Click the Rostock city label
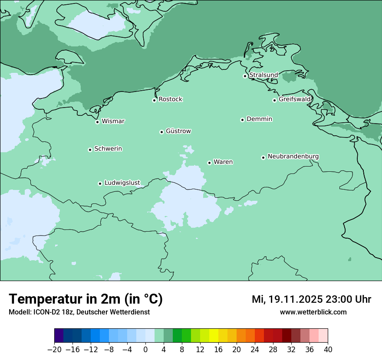click(x=170, y=99)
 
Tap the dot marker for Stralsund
click(x=245, y=76)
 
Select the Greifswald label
click(x=295, y=99)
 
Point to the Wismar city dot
click(x=98, y=122)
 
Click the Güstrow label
click(x=178, y=131)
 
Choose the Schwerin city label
click(x=108, y=149)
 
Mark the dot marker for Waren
click(x=209, y=163)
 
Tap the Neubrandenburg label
click(x=293, y=156)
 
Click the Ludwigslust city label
click(x=122, y=183)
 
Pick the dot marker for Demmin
click(x=242, y=120)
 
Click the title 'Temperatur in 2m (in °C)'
click(x=86, y=299)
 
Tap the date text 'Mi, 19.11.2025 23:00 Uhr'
click(x=311, y=299)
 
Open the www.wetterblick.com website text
click(x=313, y=312)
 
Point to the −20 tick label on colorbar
click(x=54, y=349)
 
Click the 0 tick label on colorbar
click(x=145, y=349)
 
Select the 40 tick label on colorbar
click(x=328, y=349)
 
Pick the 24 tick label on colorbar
click(x=255, y=349)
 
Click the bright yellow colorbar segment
click(x=214, y=336)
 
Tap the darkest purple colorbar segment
click(x=59, y=336)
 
